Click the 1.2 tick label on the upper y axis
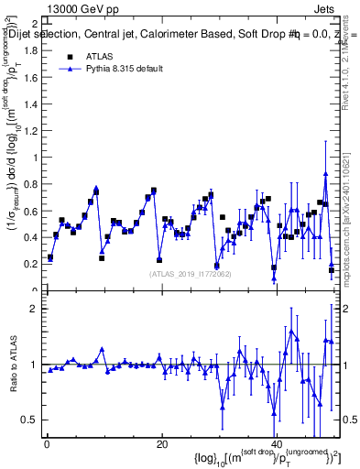(x=34, y=131)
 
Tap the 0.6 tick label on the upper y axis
(x=34, y=211)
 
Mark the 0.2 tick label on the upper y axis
(x=34, y=264)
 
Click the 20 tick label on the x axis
(x=161, y=444)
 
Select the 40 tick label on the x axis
(x=276, y=444)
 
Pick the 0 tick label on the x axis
(x=47, y=444)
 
